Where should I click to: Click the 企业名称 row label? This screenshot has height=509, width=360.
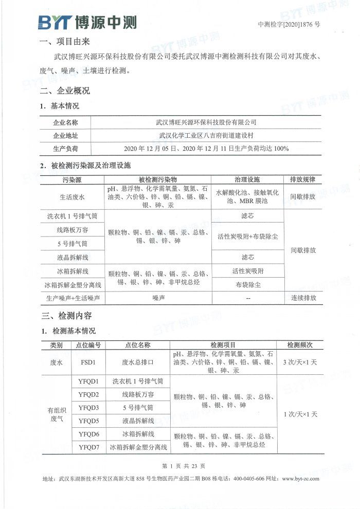pos(66,123)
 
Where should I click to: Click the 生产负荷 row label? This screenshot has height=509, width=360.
pos(66,149)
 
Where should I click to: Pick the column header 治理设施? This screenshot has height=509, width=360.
pos(247,179)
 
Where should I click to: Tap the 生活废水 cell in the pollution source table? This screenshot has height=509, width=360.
pos(73,196)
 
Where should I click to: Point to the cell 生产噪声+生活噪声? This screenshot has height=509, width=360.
pos(73,298)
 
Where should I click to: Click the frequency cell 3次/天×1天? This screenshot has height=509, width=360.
pos(300,362)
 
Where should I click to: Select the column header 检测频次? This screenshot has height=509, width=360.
pos(300,345)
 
